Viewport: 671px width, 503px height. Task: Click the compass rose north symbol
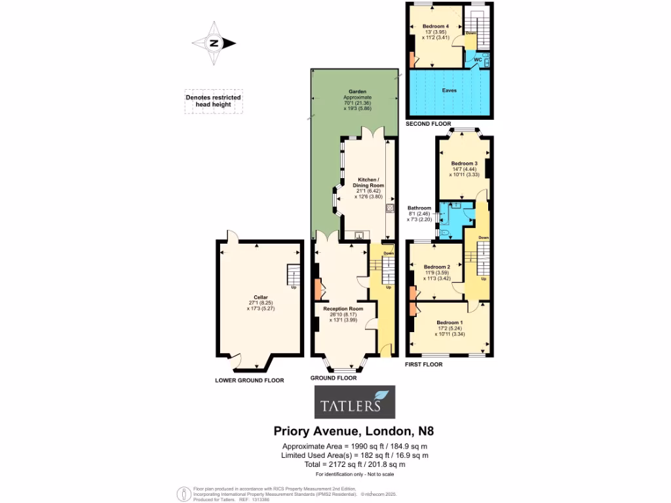pos(214,44)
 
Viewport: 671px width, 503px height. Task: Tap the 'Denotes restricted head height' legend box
pos(213,102)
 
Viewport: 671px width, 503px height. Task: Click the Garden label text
pos(357,92)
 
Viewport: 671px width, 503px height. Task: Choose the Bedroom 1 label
pos(449,323)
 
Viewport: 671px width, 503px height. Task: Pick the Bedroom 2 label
pos(435,267)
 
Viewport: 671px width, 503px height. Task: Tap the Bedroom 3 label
pos(463,163)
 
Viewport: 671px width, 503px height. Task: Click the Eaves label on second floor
pos(449,90)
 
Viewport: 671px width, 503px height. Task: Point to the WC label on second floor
pos(478,60)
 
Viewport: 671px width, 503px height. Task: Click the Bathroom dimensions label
pos(419,214)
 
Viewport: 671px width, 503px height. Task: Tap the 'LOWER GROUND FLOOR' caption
pos(249,380)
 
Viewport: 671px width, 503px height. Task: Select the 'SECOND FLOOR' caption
pos(429,123)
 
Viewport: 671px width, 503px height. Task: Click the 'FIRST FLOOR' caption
pos(423,364)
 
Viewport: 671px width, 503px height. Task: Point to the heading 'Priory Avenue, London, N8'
pos(353,431)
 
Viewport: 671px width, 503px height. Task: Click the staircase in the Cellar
pos(293,276)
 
